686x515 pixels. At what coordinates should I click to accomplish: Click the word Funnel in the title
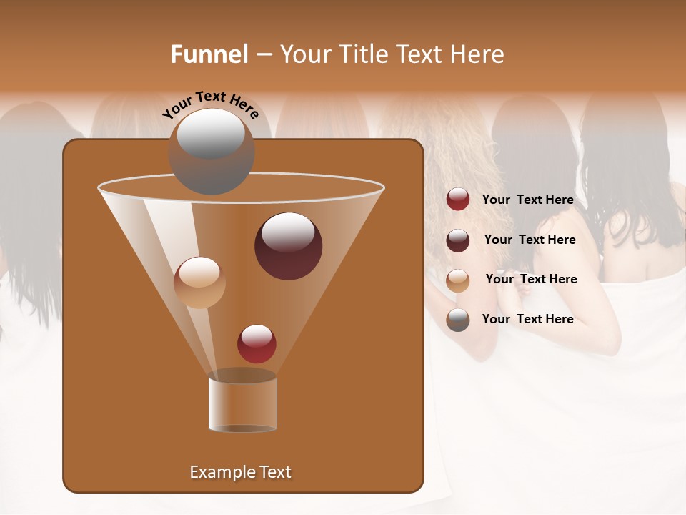coord(209,54)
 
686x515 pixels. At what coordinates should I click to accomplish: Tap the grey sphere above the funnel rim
coord(211,151)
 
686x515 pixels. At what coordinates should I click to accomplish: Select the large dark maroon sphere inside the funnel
coord(288,245)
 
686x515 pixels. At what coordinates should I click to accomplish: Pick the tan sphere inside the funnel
coord(199,282)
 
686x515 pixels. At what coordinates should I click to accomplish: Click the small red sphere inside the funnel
coord(257,343)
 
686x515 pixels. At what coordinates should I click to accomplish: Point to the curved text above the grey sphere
coord(211,104)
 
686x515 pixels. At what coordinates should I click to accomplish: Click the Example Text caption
coord(240,472)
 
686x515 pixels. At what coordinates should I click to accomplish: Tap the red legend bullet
coord(458,200)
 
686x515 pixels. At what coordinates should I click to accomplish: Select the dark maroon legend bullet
coord(458,240)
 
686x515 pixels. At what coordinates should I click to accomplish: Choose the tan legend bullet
coord(458,280)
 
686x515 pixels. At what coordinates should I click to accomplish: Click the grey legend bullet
coord(458,320)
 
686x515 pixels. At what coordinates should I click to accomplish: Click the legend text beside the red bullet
coord(527,200)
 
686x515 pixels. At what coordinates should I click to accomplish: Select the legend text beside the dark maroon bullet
coord(530,240)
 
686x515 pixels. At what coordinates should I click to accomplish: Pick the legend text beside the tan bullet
coord(531,279)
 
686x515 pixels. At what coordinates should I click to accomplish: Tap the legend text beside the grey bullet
coord(527,319)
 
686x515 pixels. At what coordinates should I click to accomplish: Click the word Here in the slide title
coord(477,54)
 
